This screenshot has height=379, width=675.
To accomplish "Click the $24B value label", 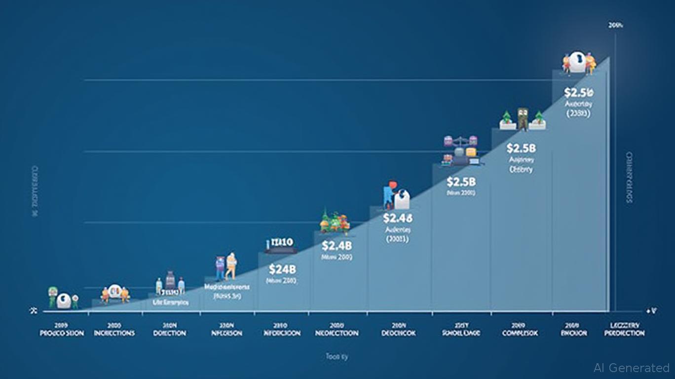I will coord(282,269).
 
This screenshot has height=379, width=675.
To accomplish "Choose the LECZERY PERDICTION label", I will coord(624,330).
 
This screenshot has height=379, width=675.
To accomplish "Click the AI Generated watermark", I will coord(632,368).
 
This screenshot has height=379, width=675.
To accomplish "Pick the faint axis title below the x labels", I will coord(337,356).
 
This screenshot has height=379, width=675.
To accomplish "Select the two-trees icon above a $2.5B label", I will coord(523,119).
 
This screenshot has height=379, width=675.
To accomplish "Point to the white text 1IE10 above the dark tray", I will coord(280,242).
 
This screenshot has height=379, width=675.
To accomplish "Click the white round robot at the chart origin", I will coord(64,300).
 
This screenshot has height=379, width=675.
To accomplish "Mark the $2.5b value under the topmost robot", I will coord(579,92).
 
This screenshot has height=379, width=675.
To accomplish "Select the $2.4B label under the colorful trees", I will coord(337,245).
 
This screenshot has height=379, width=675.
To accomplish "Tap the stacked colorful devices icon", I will coord(460,150).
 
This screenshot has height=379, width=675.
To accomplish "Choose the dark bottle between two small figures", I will coord(170,280).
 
